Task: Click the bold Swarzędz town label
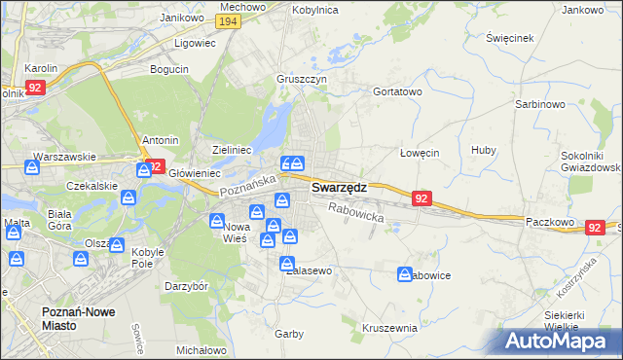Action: click(x=339, y=188)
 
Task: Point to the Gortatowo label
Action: click(x=397, y=91)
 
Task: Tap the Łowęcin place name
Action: click(x=421, y=153)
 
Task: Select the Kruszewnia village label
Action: click(x=389, y=328)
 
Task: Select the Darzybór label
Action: click(x=187, y=287)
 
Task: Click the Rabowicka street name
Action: click(x=355, y=212)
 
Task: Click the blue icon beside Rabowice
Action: click(x=404, y=275)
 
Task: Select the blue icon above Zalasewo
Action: click(x=287, y=264)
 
